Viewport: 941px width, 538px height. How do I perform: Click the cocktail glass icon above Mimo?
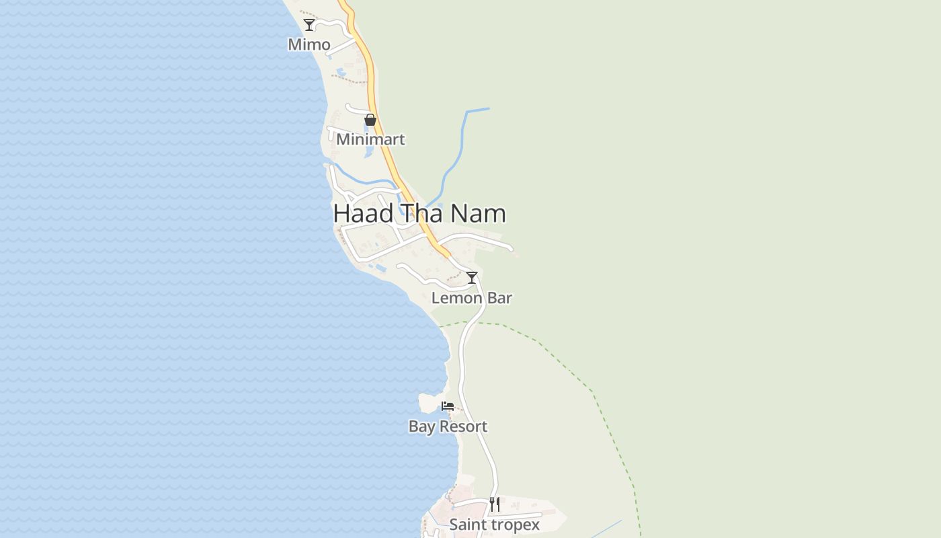click(x=309, y=25)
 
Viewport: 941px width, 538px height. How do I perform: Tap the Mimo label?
click(x=309, y=44)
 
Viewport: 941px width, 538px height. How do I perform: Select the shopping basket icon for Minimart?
click(x=370, y=120)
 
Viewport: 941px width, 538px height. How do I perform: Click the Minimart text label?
click(x=370, y=139)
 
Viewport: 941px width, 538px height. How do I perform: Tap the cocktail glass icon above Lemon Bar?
click(x=472, y=278)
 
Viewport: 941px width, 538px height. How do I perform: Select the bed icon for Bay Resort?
click(x=448, y=406)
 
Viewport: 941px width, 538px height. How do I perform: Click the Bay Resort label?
click(x=448, y=426)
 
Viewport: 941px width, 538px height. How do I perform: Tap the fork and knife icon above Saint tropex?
click(x=495, y=504)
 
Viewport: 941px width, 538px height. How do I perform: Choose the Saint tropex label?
click(x=494, y=525)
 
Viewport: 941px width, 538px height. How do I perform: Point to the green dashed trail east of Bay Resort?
click(x=591, y=391)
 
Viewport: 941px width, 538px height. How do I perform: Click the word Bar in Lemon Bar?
click(x=500, y=298)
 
